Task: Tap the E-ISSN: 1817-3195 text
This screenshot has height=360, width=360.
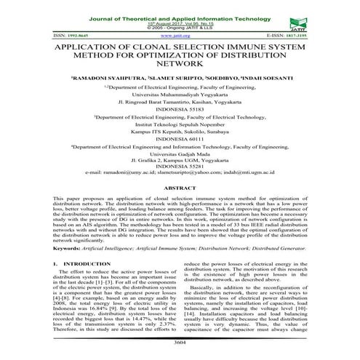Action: point(324,35)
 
